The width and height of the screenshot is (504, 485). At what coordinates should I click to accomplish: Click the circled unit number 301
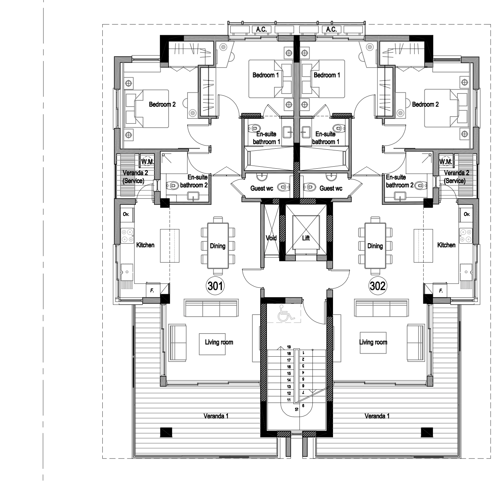tap(215, 286)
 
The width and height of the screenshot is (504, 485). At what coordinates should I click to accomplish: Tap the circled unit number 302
tap(377, 286)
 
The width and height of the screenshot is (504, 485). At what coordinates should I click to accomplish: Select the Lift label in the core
tap(306, 238)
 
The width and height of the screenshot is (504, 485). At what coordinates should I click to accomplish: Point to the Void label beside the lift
tap(271, 238)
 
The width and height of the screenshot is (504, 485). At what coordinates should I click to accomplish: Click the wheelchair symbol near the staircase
tap(286, 313)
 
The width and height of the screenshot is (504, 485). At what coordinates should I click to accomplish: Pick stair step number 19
tap(289, 347)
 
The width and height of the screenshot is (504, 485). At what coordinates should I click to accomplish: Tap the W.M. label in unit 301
tap(148, 162)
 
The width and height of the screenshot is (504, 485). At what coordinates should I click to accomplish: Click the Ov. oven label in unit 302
tap(467, 214)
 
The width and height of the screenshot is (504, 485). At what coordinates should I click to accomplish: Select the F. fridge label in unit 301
tap(152, 290)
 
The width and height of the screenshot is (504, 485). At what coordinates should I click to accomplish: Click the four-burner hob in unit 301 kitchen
tap(128, 236)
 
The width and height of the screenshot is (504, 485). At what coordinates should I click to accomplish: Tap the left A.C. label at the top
tap(261, 30)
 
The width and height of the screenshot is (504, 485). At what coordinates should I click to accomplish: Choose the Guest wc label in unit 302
tap(331, 188)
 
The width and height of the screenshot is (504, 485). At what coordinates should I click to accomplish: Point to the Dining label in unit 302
tap(375, 246)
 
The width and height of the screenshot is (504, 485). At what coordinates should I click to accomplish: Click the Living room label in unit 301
tap(219, 342)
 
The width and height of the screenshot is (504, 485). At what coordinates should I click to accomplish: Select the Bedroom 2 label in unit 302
tap(425, 105)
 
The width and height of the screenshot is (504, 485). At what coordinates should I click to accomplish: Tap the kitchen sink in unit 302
tap(466, 272)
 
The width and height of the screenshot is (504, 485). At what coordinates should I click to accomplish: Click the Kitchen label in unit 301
tap(145, 245)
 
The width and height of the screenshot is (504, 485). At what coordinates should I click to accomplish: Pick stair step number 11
tap(289, 400)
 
